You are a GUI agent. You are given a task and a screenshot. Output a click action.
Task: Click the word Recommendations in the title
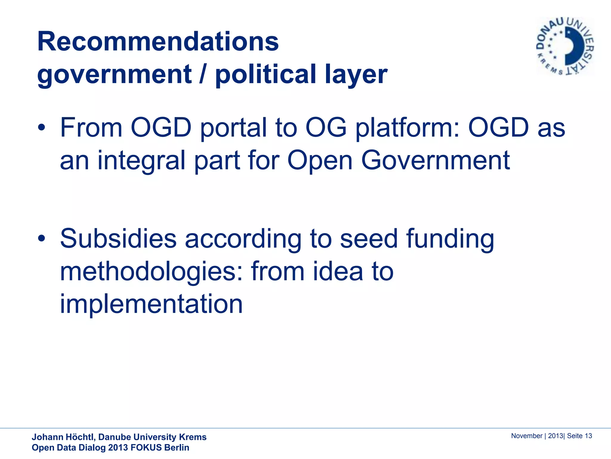pyautogui.click(x=158, y=42)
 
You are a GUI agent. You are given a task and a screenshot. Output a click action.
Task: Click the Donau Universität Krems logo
pyautogui.click(x=565, y=47)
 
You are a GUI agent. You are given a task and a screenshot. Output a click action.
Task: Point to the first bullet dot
pyautogui.click(x=41, y=128)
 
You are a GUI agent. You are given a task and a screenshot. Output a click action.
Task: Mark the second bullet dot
pyautogui.click(x=41, y=238)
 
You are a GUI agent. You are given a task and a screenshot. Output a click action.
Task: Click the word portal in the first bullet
pyautogui.click(x=233, y=128)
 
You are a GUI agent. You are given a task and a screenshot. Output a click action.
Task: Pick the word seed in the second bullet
pyautogui.click(x=369, y=238)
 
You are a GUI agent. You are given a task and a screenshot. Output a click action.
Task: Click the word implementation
pyautogui.click(x=152, y=304)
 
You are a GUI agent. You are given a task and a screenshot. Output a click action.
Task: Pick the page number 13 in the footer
pyautogui.click(x=588, y=436)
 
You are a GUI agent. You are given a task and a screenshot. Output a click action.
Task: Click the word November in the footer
pyautogui.click(x=527, y=436)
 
